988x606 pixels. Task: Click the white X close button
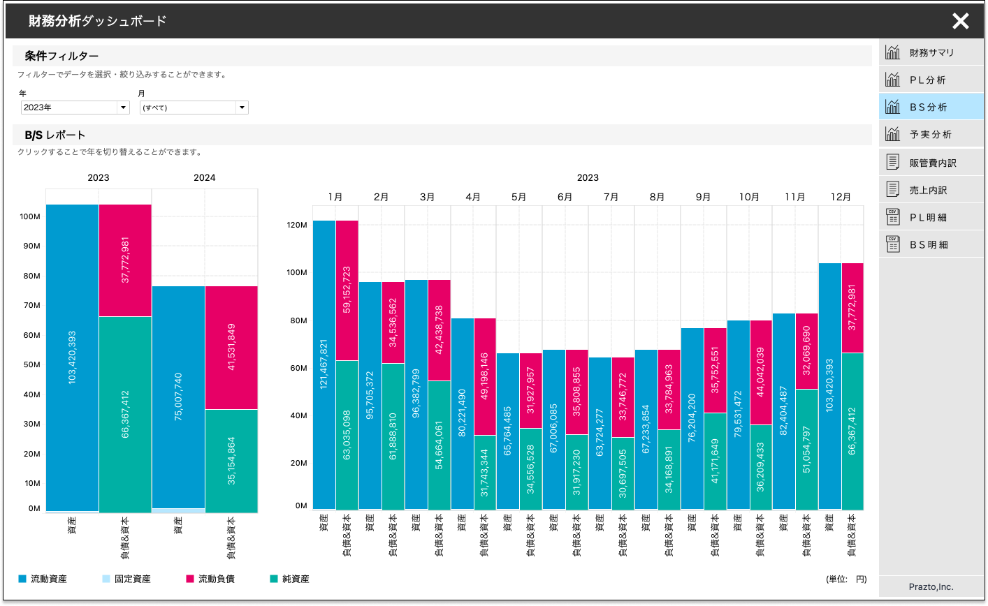pos(961,21)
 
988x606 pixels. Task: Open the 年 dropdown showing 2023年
pos(75,108)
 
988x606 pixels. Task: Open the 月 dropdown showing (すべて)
pos(194,108)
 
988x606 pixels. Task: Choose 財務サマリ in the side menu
pos(931,53)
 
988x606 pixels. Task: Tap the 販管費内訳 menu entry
pos(932,163)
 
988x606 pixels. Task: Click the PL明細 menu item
pos(928,218)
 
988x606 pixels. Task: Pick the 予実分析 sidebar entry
pos(930,135)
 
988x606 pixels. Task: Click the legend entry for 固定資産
pos(132,579)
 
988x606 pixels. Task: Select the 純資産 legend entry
pos(295,579)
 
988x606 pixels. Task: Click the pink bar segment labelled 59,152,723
pos(347,290)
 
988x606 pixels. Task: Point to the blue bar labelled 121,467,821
pos(324,363)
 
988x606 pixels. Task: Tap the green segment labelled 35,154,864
pos(231,461)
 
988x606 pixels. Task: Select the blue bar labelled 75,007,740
pos(178,396)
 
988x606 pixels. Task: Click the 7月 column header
pos(611,197)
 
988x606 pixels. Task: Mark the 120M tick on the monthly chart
pos(297,226)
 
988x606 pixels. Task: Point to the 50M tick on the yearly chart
pos(31,365)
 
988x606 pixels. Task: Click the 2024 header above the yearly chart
pos(204,178)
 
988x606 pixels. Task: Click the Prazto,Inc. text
pos(931,587)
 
